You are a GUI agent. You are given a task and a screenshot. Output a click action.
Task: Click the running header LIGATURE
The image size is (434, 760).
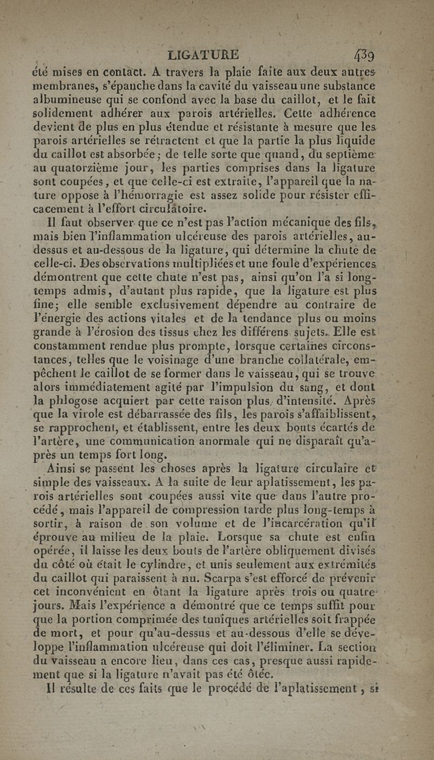(x=203, y=55)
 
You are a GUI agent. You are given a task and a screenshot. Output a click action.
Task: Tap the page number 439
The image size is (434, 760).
(x=366, y=55)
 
